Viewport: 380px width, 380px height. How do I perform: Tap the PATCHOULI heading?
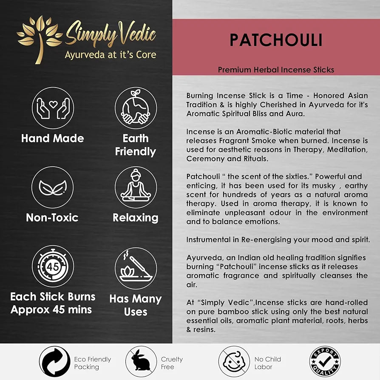pos(276,40)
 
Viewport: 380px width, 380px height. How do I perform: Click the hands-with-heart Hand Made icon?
pos(53,108)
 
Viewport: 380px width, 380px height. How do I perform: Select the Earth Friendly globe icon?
pos(136,108)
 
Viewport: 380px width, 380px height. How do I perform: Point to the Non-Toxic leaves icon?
pos(53,187)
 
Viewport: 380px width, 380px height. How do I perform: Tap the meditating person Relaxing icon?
pos(136,187)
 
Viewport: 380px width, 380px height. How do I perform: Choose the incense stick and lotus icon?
pos(136,268)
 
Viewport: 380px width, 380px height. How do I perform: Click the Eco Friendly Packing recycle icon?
pos(55,362)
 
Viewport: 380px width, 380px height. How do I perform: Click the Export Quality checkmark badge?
pos(325,362)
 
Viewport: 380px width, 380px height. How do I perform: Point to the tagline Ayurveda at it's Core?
pos(110,55)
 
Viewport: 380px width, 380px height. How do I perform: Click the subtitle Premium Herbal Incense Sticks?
pos(276,70)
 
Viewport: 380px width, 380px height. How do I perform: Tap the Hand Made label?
pos(53,138)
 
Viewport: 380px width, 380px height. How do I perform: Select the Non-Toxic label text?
pos(53,218)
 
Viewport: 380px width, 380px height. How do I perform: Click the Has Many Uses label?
pos(136,305)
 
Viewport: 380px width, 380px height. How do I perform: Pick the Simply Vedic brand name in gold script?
pos(111,36)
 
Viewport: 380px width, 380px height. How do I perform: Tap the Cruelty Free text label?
pos(172,363)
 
